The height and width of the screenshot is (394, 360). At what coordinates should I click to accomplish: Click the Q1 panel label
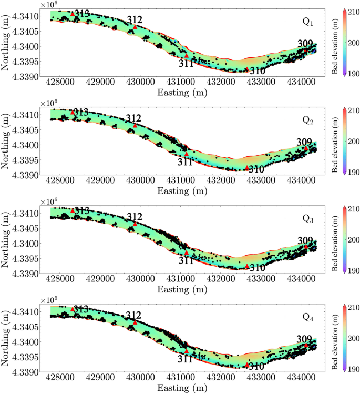pyautogui.click(x=307, y=22)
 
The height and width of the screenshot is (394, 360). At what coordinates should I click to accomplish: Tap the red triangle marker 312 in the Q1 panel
pyautogui.click(x=135, y=27)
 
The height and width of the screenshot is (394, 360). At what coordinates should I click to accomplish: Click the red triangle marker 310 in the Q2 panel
pyautogui.click(x=247, y=168)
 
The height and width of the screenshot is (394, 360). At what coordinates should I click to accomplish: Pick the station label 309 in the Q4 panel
pyautogui.click(x=305, y=339)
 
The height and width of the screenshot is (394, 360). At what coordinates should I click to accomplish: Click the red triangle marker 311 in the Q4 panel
pyautogui.click(x=187, y=351)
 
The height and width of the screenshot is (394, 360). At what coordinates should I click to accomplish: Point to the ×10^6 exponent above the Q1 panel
pyautogui.click(x=48, y=4)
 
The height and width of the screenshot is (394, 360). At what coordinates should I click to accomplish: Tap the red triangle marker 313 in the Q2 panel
pyautogui.click(x=73, y=112)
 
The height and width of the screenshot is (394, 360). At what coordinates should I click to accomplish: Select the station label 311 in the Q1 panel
pyautogui.click(x=186, y=64)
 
